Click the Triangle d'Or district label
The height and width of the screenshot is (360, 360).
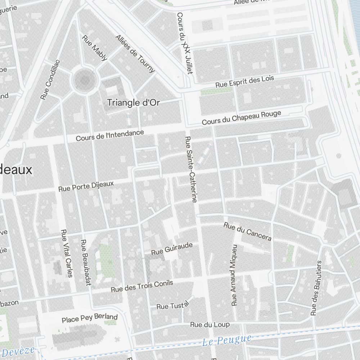pyautogui.click(x=133, y=103)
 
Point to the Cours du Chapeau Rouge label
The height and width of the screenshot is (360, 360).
pyautogui.click(x=241, y=118)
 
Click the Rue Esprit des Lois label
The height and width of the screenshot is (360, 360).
pyautogui.click(x=245, y=82)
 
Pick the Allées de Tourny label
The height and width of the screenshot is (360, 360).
pyautogui.click(x=135, y=54)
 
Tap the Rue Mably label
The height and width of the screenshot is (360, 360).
pyautogui.click(x=94, y=48)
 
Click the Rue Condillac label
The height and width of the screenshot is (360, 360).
pyautogui.click(x=50, y=80)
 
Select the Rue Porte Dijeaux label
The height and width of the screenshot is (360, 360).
pyautogui.click(x=86, y=186)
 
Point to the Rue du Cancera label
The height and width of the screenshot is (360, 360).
pyautogui.click(x=247, y=231)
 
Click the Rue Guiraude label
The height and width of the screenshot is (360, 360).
pyautogui.click(x=172, y=249)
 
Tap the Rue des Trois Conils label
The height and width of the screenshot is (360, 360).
pyautogui.click(x=142, y=286)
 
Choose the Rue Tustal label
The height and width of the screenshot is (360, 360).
pyautogui.click(x=172, y=306)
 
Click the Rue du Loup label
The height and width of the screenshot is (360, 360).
pyautogui.click(x=210, y=325)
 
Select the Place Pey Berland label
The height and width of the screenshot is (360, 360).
pyautogui.click(x=90, y=318)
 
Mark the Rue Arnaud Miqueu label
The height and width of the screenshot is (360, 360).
pyautogui.click(x=234, y=275)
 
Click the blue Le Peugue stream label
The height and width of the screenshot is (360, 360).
pyautogui.click(x=226, y=340)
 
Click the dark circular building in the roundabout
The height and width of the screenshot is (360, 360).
pyautogui.click(x=85, y=80)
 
